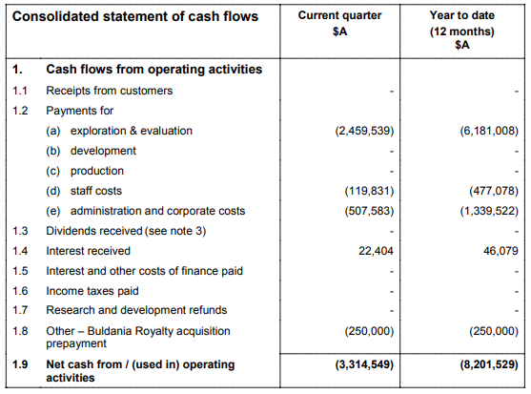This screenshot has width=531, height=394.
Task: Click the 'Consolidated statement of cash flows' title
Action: click(x=135, y=16)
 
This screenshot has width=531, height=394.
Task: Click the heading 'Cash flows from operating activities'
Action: click(x=154, y=70)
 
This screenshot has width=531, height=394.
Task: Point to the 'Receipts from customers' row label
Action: click(x=109, y=91)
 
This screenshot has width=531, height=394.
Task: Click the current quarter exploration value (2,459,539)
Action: click(x=364, y=131)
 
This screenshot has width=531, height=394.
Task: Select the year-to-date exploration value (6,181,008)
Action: click(x=489, y=131)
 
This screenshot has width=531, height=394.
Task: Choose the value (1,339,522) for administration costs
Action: click(x=489, y=211)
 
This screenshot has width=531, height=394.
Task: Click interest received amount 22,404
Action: click(x=376, y=251)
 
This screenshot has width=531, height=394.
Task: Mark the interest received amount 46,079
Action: click(x=500, y=251)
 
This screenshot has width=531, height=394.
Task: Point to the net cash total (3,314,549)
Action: click(x=364, y=364)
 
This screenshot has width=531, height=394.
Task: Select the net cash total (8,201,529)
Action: click(x=489, y=364)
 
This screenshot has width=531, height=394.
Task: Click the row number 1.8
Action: click(x=20, y=331)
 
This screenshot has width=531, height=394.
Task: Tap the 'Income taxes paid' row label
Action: click(x=92, y=291)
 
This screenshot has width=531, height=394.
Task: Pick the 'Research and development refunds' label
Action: click(x=136, y=310)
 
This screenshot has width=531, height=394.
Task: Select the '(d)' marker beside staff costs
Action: click(x=52, y=191)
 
